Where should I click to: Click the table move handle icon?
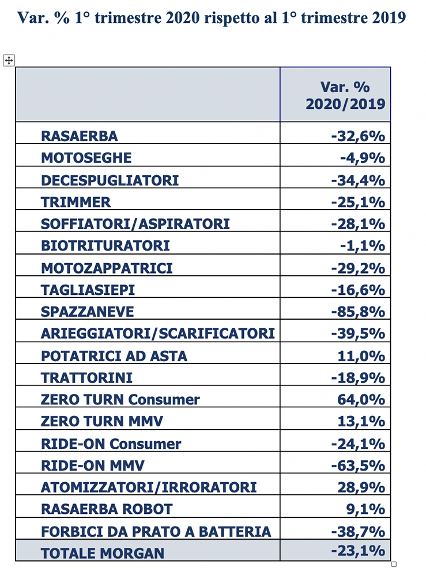click(x=9, y=60)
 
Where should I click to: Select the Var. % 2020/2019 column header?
click(x=345, y=96)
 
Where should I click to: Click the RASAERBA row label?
click(x=80, y=136)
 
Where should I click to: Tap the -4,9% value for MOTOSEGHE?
click(x=363, y=158)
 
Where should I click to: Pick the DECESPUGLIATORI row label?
click(x=110, y=180)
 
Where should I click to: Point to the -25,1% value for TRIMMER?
click(x=358, y=202)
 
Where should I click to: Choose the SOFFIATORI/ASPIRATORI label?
click(x=135, y=223)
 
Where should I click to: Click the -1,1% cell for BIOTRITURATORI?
click(x=363, y=245)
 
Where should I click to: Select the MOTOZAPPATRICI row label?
click(x=107, y=268)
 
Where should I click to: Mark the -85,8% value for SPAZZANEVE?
click(x=358, y=312)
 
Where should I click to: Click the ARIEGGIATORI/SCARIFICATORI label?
click(x=158, y=334)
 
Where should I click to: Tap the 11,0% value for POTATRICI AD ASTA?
click(x=361, y=356)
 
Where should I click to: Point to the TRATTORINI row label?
click(x=86, y=378)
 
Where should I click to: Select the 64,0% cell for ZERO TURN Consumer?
click(x=361, y=399)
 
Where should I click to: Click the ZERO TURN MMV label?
click(x=102, y=422)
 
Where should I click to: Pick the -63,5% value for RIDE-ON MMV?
click(x=358, y=465)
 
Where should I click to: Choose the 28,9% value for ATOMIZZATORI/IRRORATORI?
click(x=361, y=487)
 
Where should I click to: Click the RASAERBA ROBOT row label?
click(x=107, y=509)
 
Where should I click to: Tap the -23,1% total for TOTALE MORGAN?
click(x=358, y=550)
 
